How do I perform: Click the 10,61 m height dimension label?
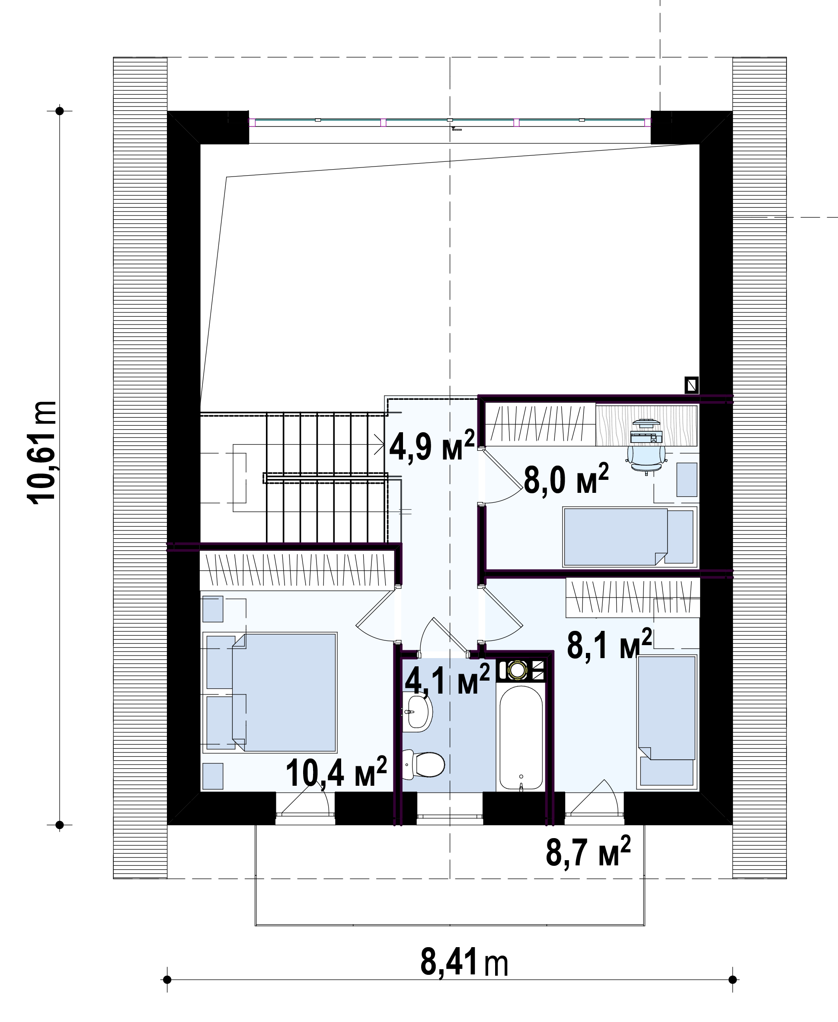pyautogui.click(x=43, y=453)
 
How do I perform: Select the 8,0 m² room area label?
pyautogui.click(x=566, y=479)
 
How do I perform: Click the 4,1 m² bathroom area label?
pyautogui.click(x=447, y=679)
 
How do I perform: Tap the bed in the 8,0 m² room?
pyautogui.click(x=630, y=537)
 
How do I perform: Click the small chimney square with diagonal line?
pyautogui.click(x=692, y=385)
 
